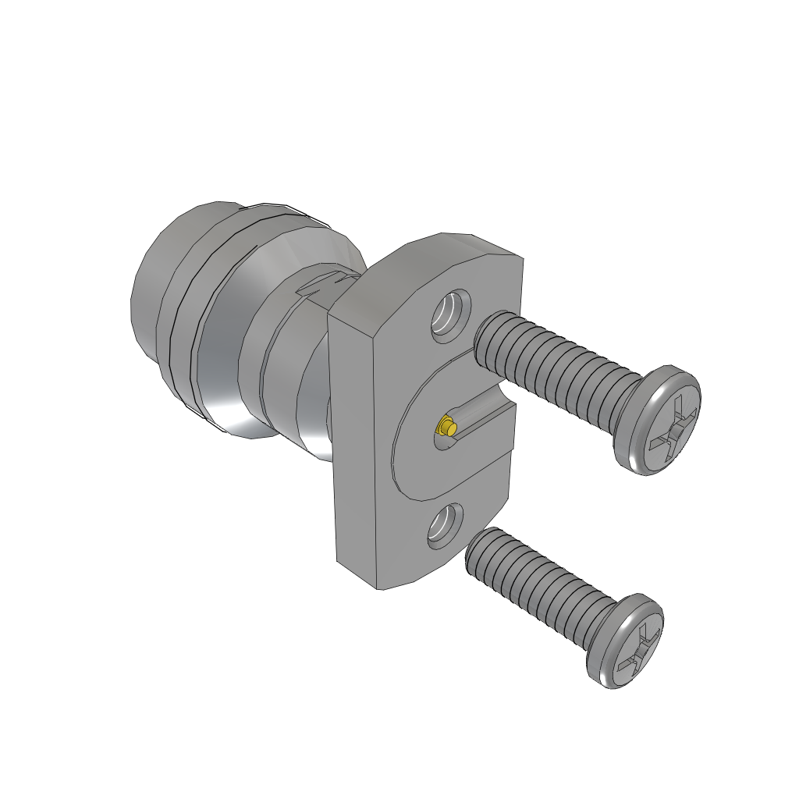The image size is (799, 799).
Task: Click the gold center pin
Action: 446,427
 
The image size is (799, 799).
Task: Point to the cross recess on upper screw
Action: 670,421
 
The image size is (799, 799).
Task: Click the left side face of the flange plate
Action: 355,445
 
